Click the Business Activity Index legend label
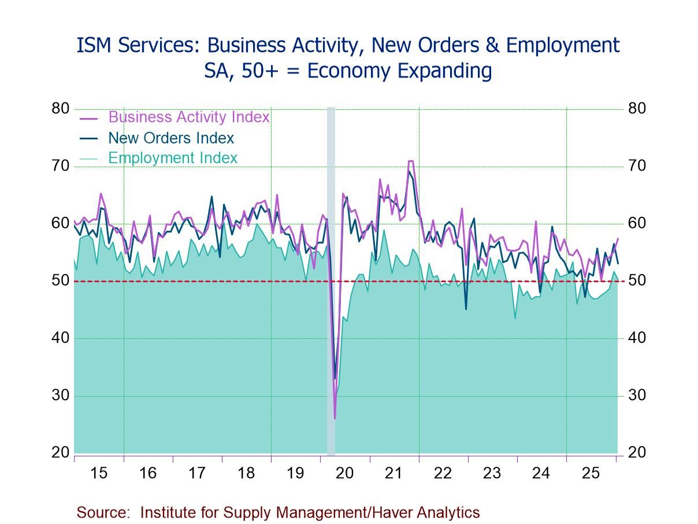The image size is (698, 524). (x=188, y=117)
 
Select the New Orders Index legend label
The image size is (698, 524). (x=170, y=138)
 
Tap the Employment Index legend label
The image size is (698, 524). (x=172, y=158)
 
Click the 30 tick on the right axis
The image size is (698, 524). (x=637, y=396)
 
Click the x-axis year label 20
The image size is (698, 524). (x=344, y=473)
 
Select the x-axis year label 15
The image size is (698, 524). (x=99, y=473)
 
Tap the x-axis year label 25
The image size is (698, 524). (x=591, y=473)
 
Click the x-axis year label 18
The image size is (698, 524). (x=246, y=473)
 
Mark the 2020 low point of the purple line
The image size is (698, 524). (x=335, y=418)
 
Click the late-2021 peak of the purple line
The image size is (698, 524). (x=410, y=161)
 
